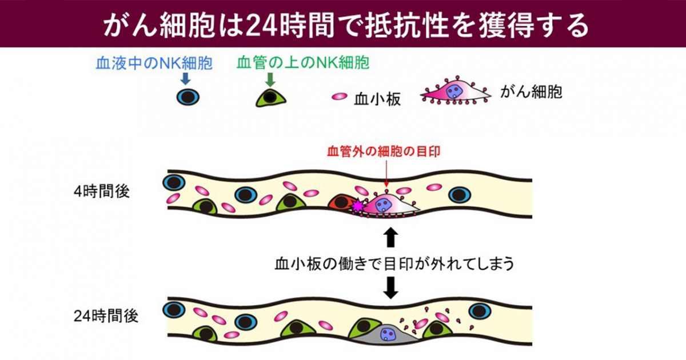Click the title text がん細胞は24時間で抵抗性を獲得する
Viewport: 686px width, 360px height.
[346, 25]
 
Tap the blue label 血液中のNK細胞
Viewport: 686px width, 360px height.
[154, 63]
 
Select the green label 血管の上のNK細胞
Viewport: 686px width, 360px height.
[303, 63]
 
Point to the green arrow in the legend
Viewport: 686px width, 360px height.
[270, 80]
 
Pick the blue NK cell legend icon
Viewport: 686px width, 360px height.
[188, 97]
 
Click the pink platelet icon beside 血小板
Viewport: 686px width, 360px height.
[340, 97]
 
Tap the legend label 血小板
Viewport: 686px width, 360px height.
[377, 99]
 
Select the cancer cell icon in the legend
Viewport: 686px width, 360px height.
[456, 91]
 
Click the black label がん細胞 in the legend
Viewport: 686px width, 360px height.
[531, 91]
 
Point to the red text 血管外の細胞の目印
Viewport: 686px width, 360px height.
[384, 151]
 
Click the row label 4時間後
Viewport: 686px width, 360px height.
[102, 191]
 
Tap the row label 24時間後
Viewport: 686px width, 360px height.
[106, 315]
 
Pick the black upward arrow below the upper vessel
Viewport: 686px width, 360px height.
[390, 237]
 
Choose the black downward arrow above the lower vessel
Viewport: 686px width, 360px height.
[390, 287]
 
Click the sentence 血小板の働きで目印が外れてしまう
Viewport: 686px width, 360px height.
[394, 263]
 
